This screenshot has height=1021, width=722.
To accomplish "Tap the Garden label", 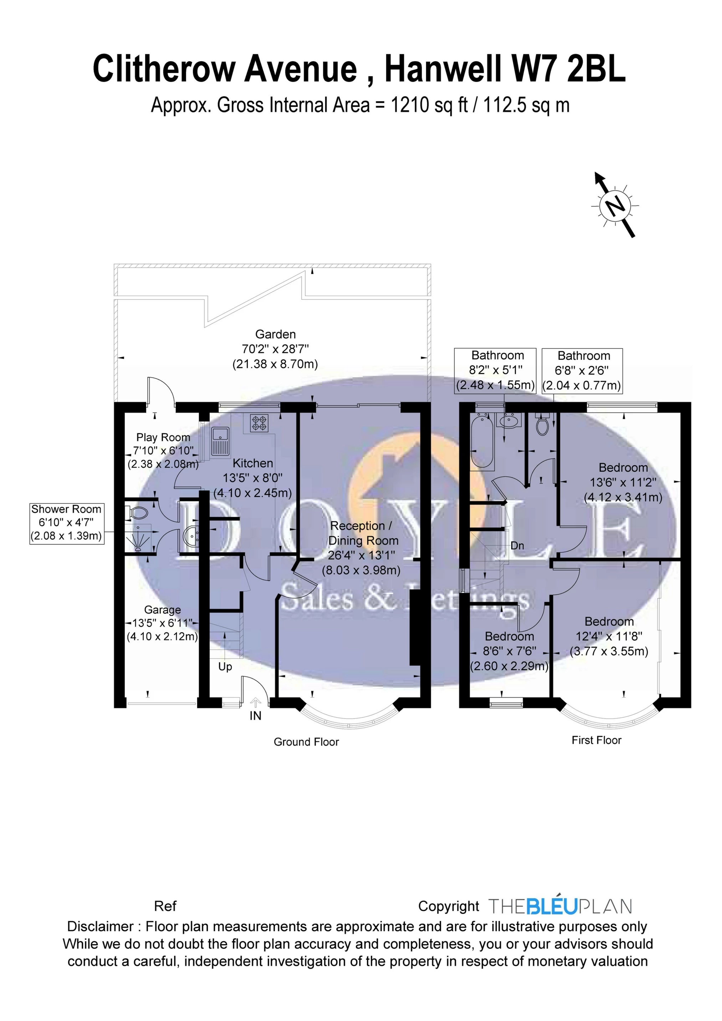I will [x=275, y=335].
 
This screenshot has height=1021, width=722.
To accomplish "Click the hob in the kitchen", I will [x=259, y=423].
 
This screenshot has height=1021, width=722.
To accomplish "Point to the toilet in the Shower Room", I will [x=139, y=513].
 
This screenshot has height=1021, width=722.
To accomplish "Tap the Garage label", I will [x=163, y=610].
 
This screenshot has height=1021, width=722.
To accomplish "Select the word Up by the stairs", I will [x=225, y=667].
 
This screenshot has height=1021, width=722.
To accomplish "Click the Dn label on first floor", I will [x=517, y=546].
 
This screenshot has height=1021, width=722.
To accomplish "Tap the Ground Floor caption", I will [x=306, y=742].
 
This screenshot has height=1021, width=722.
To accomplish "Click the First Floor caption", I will [x=596, y=740].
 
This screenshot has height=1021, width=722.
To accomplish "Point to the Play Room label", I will [x=163, y=437].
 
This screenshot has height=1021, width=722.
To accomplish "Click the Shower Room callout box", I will [x=66, y=523].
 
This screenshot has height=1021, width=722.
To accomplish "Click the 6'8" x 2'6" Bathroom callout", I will [x=582, y=370].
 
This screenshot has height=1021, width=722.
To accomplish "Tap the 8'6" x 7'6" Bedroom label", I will [x=509, y=652].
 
